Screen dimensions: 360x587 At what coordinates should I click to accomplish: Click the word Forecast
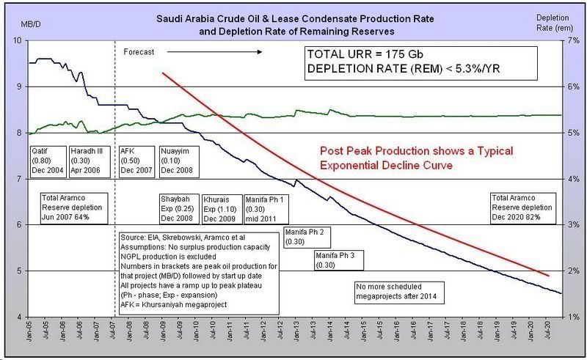coord(139,53)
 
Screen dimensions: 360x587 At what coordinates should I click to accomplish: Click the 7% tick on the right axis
coord(569,40)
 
